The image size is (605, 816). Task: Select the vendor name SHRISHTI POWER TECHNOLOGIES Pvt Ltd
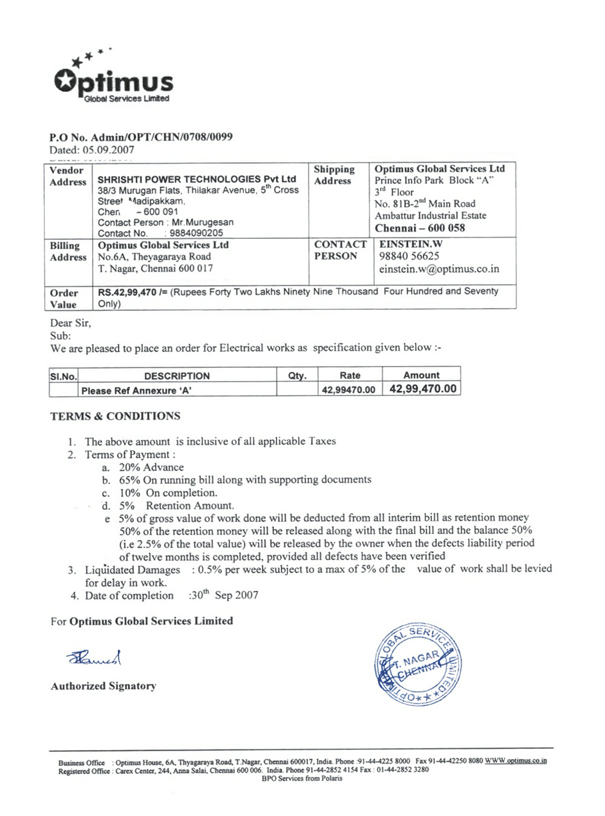pos(197,179)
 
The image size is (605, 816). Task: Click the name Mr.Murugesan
pos(203,222)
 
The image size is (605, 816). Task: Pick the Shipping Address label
pos(334,175)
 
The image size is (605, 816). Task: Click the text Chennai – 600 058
pos(420,228)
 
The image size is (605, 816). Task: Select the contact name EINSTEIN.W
pos(411,244)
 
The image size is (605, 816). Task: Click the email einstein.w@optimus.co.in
pos(439,269)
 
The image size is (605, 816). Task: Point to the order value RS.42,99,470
pos(127,292)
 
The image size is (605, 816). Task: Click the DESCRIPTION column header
pos(177,376)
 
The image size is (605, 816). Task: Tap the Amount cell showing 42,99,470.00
pos(422,389)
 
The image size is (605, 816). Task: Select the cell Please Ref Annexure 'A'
pos(136,391)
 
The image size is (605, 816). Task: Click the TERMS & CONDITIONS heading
pos(115,416)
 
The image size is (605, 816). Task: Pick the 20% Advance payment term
pos(151,467)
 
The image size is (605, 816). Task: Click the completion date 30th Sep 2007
pos(224,595)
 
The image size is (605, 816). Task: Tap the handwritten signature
pos(94,658)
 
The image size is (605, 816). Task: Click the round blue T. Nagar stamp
pos(417,664)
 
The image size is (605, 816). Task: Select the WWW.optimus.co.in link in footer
pos(515,760)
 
